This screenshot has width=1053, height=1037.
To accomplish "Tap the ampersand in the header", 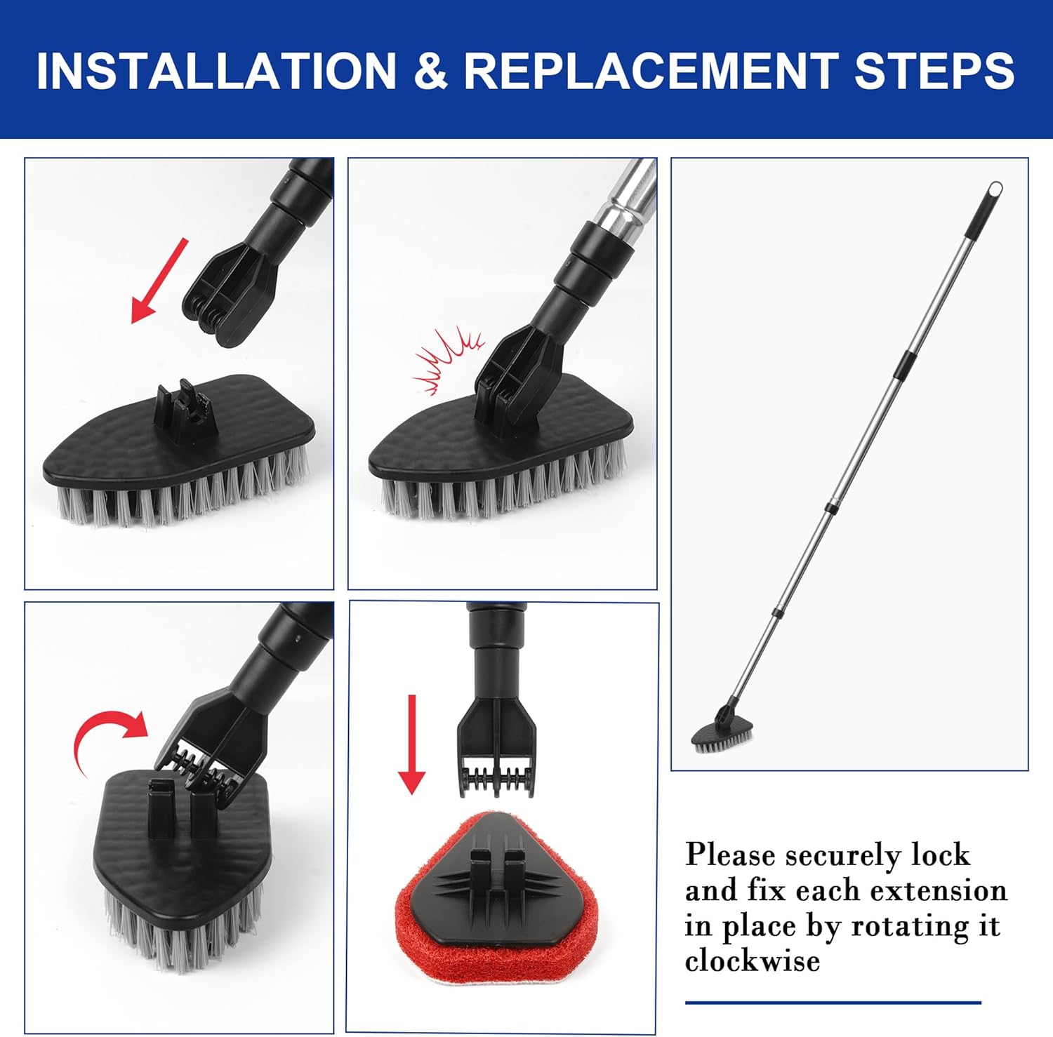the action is [430, 70].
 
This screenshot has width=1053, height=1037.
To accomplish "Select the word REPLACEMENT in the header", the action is [650, 70].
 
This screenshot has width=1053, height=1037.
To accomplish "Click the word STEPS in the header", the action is [934, 70].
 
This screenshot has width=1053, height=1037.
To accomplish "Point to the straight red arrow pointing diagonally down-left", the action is [160, 281].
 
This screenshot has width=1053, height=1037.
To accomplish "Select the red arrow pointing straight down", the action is [412, 744].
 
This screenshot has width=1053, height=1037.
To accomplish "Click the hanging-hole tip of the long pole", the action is [995, 189].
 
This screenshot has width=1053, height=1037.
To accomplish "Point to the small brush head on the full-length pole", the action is [722, 735].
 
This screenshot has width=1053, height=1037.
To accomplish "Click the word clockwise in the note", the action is [753, 961].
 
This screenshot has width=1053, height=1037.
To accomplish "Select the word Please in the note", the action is [730, 855].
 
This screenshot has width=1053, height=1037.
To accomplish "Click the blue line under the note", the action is [833, 1003].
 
